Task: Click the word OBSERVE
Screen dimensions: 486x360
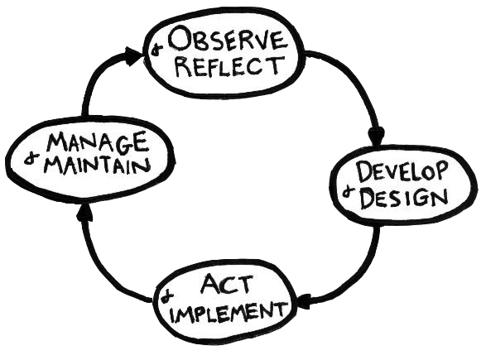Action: [226, 40]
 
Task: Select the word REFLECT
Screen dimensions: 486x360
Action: [229, 66]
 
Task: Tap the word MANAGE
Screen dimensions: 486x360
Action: [97, 143]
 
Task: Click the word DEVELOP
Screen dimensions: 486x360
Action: [402, 171]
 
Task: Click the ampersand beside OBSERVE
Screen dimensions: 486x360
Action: [156, 49]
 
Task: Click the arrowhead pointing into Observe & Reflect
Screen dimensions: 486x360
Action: [134, 56]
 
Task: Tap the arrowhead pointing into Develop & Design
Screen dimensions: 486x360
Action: [376, 136]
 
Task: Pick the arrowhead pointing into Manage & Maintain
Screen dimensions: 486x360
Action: [84, 214]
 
